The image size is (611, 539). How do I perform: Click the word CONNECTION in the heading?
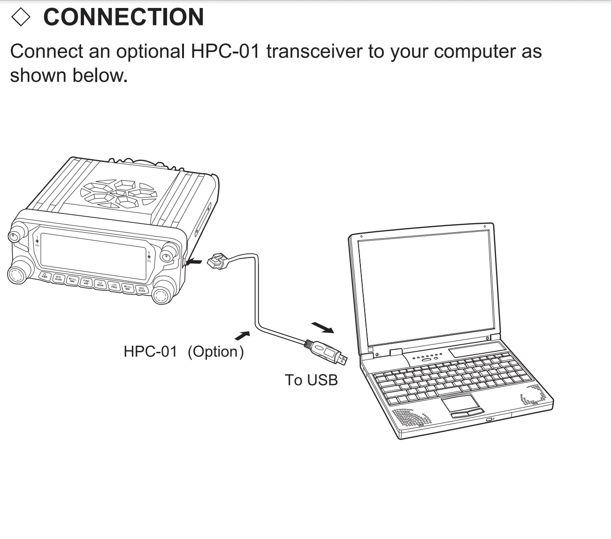point(123,17)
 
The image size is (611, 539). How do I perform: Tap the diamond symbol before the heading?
point(21,17)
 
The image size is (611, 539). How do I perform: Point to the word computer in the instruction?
point(474,52)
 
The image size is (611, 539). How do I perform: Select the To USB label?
point(311,380)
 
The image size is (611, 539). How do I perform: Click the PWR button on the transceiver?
point(45,276)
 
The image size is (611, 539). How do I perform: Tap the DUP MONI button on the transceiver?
point(100,284)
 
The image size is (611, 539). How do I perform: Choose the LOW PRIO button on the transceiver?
point(114,286)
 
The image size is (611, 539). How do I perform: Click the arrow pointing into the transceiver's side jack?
point(194,262)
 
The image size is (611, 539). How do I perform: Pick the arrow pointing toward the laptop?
point(323,327)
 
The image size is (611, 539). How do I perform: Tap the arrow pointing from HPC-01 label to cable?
point(242,335)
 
